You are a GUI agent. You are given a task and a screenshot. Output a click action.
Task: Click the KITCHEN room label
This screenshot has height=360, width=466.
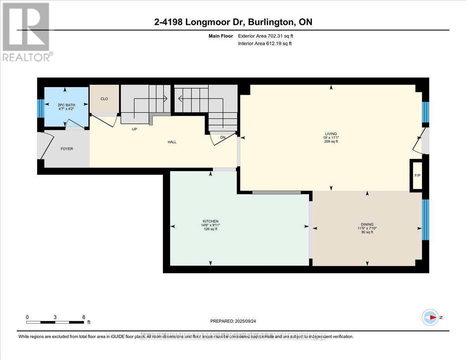(x=210, y=221)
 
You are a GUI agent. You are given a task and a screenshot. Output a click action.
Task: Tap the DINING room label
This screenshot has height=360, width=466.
(x=367, y=224)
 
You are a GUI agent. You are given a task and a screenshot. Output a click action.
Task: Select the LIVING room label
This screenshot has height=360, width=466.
(x=331, y=134)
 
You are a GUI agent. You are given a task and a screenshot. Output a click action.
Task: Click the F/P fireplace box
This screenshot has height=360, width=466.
(x=417, y=175)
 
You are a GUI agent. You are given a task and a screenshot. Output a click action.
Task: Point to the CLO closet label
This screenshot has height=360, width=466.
(x=104, y=99)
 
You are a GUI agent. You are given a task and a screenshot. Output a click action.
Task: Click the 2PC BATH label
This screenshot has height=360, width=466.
(x=66, y=105)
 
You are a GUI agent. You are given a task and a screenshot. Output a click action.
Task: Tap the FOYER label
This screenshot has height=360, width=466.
(x=66, y=149)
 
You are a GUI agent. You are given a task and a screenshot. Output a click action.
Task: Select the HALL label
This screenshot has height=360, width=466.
(x=172, y=142)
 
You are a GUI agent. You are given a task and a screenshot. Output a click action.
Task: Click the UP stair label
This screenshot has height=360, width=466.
(x=134, y=129)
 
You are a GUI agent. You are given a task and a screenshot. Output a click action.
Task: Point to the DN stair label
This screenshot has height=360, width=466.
(x=223, y=137)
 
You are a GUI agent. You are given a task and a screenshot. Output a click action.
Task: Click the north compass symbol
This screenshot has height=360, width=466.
(x=430, y=317)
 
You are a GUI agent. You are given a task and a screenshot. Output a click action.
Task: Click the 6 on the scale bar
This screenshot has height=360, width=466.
(x=84, y=317)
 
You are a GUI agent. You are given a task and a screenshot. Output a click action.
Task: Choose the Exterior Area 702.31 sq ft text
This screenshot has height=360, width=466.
(x=266, y=36)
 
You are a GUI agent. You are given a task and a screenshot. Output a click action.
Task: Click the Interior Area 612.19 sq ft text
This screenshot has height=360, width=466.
(x=265, y=43)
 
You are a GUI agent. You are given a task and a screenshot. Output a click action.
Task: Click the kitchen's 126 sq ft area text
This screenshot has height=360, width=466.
(x=210, y=229)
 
